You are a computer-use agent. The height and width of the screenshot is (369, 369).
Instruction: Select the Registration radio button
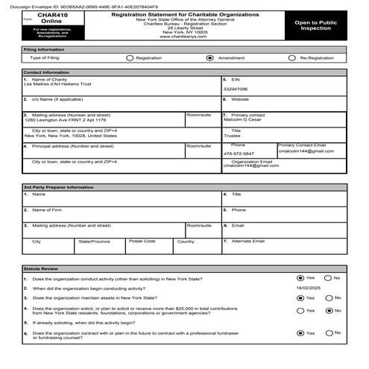point(130,57)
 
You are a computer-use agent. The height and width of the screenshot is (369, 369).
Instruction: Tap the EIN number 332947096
point(236,89)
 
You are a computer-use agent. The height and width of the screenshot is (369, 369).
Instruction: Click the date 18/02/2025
point(311,287)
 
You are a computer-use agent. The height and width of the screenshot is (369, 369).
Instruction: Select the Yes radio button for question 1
point(300,277)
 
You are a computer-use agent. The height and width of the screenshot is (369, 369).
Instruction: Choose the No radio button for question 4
point(329,310)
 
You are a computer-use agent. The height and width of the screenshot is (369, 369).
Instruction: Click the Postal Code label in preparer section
point(142,242)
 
